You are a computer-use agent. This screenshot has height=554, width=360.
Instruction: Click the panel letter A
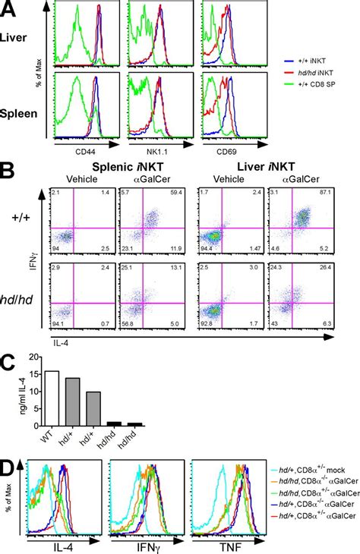point(10,10)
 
